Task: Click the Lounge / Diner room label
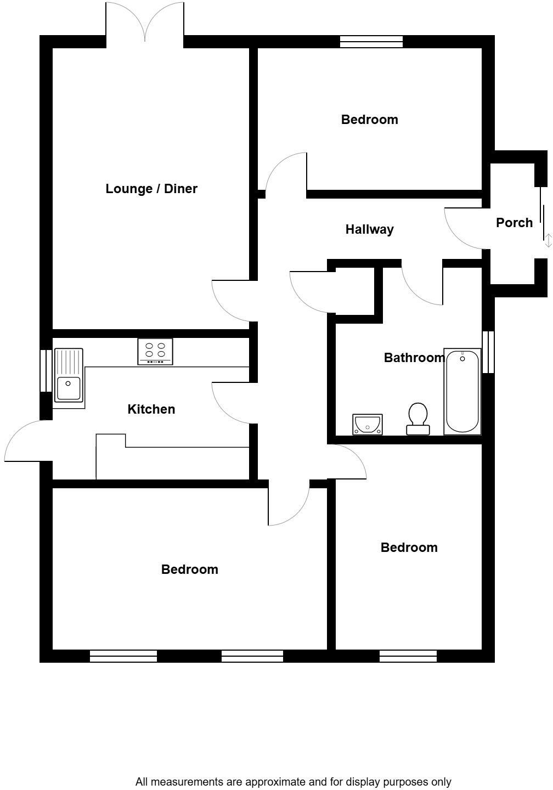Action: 151,189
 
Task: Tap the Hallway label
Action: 369,229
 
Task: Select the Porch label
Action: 514,223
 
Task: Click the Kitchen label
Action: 151,409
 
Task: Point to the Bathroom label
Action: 414,358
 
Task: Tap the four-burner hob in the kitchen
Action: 155,352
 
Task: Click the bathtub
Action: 462,391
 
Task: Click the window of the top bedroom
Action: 371,42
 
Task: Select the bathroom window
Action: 488,352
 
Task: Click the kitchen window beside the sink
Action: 46,370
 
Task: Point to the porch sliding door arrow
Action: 548,240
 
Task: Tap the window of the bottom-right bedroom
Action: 408,656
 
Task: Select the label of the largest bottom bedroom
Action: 190,569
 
